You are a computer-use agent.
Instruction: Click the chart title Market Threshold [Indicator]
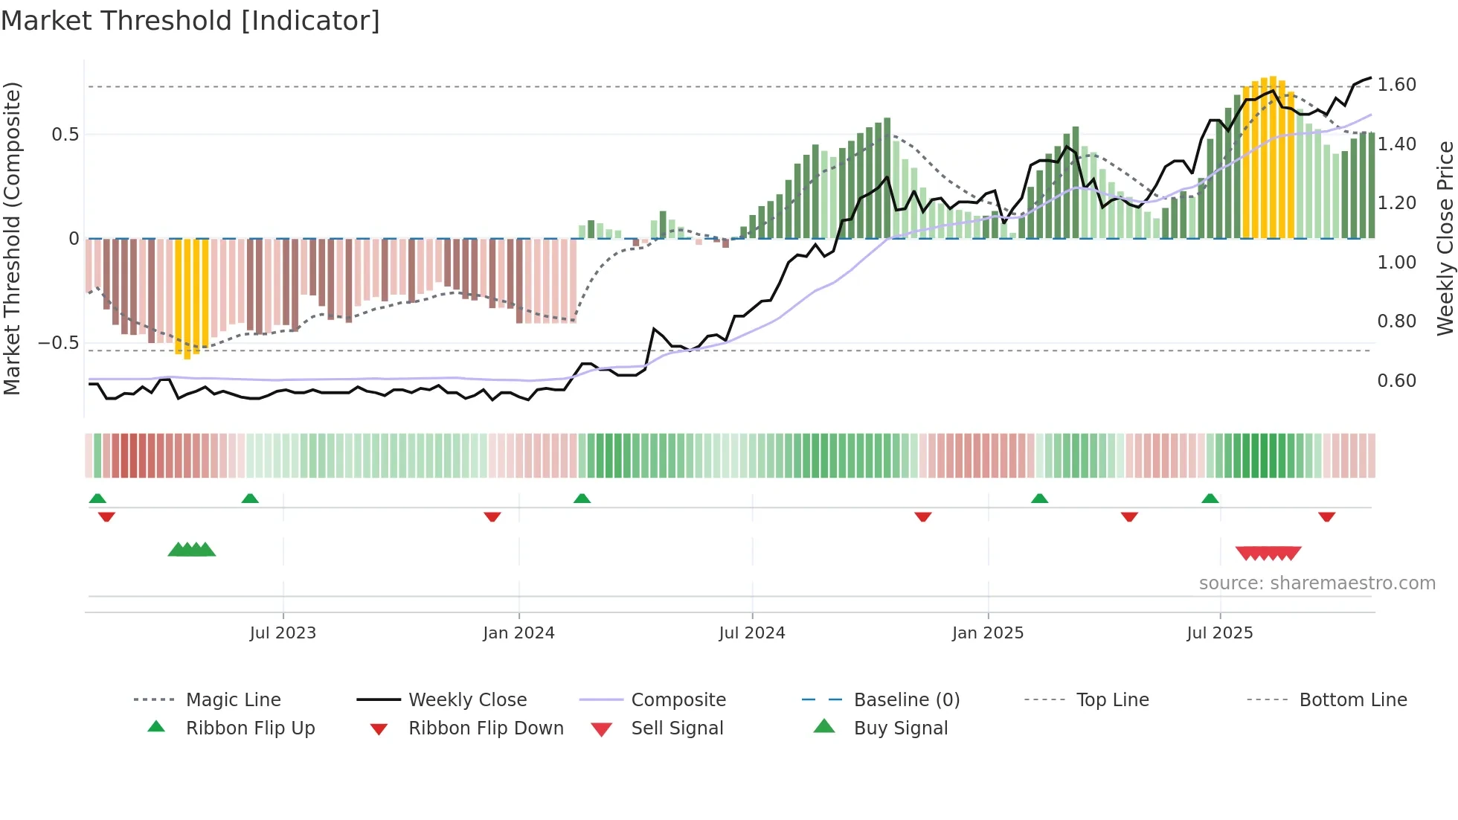tap(190, 21)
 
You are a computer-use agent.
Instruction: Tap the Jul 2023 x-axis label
tap(283, 633)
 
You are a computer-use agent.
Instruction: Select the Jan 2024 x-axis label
tap(518, 633)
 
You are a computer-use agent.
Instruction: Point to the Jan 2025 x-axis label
tap(988, 633)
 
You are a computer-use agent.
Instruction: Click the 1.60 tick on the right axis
tap(1396, 85)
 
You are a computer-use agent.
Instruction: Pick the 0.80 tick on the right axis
tap(1396, 321)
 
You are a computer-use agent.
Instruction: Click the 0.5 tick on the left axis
tap(65, 135)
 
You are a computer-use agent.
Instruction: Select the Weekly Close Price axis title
tap(1445, 238)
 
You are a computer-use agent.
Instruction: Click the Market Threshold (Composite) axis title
tap(12, 238)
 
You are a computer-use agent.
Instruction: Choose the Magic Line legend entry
tap(233, 700)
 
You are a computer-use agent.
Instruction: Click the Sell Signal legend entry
tap(677, 728)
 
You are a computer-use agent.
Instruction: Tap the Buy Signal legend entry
tap(900, 728)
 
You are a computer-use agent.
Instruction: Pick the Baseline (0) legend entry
tap(906, 700)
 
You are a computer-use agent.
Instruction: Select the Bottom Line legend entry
tap(1352, 700)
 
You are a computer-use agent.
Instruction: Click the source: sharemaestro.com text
tap(1317, 583)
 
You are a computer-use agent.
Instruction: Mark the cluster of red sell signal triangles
tap(1268, 553)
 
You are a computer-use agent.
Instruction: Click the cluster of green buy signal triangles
tap(192, 550)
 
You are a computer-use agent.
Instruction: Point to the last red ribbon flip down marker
tap(1326, 516)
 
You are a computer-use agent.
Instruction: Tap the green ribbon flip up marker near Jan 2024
tap(582, 499)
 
